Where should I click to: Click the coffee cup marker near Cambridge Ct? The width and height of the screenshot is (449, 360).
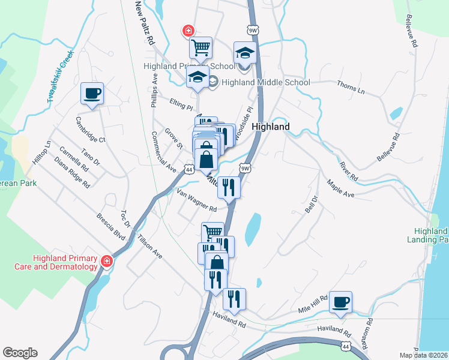pyautogui.click(x=92, y=94)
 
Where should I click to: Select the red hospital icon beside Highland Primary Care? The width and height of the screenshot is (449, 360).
pyautogui.click(x=107, y=261)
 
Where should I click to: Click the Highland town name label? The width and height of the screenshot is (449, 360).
pyautogui.click(x=271, y=127)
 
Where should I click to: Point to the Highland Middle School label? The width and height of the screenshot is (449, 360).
pyautogui.click(x=266, y=83)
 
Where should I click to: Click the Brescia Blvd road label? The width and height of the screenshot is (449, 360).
pyautogui.click(x=112, y=226)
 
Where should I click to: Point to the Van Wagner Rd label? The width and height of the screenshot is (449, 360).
pyautogui.click(x=197, y=200)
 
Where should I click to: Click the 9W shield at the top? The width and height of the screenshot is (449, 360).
pyautogui.click(x=252, y=29)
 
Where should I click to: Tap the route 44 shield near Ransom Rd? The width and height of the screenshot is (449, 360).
pyautogui.click(x=345, y=346)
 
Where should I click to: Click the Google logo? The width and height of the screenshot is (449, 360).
pyautogui.click(x=20, y=353)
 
